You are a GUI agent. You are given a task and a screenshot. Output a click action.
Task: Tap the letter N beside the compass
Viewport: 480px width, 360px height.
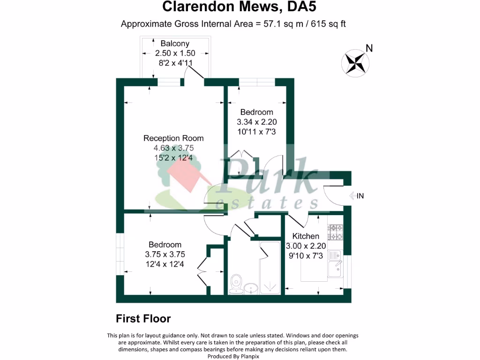coord(369,48)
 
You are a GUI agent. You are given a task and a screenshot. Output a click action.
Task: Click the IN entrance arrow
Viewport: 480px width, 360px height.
coord(353,196)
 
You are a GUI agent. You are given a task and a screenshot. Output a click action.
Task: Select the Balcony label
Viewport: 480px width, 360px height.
coord(175,44)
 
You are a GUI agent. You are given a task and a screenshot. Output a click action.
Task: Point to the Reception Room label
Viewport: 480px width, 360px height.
coord(173,138)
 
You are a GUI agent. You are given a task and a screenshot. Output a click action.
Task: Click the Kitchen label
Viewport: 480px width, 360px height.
coord(306,236)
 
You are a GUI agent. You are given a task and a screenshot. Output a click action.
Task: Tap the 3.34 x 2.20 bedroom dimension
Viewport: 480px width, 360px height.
coord(256,122)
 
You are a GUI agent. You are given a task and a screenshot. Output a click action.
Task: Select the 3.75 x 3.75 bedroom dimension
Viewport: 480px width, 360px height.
coord(165,255)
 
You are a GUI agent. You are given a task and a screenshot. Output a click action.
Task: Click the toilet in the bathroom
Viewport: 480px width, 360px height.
coord(236,283)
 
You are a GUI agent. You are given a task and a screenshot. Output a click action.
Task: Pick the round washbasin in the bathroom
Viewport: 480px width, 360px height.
coord(251,287)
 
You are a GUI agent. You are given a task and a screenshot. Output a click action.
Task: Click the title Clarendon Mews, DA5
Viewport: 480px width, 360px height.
coord(242,7)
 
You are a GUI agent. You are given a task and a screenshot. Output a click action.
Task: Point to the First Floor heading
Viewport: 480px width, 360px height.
coord(143,319)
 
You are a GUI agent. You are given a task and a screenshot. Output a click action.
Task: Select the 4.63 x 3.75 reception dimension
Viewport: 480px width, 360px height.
coord(173,148)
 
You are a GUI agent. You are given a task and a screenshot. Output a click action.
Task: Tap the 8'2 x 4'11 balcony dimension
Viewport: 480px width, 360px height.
coord(175,63)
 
